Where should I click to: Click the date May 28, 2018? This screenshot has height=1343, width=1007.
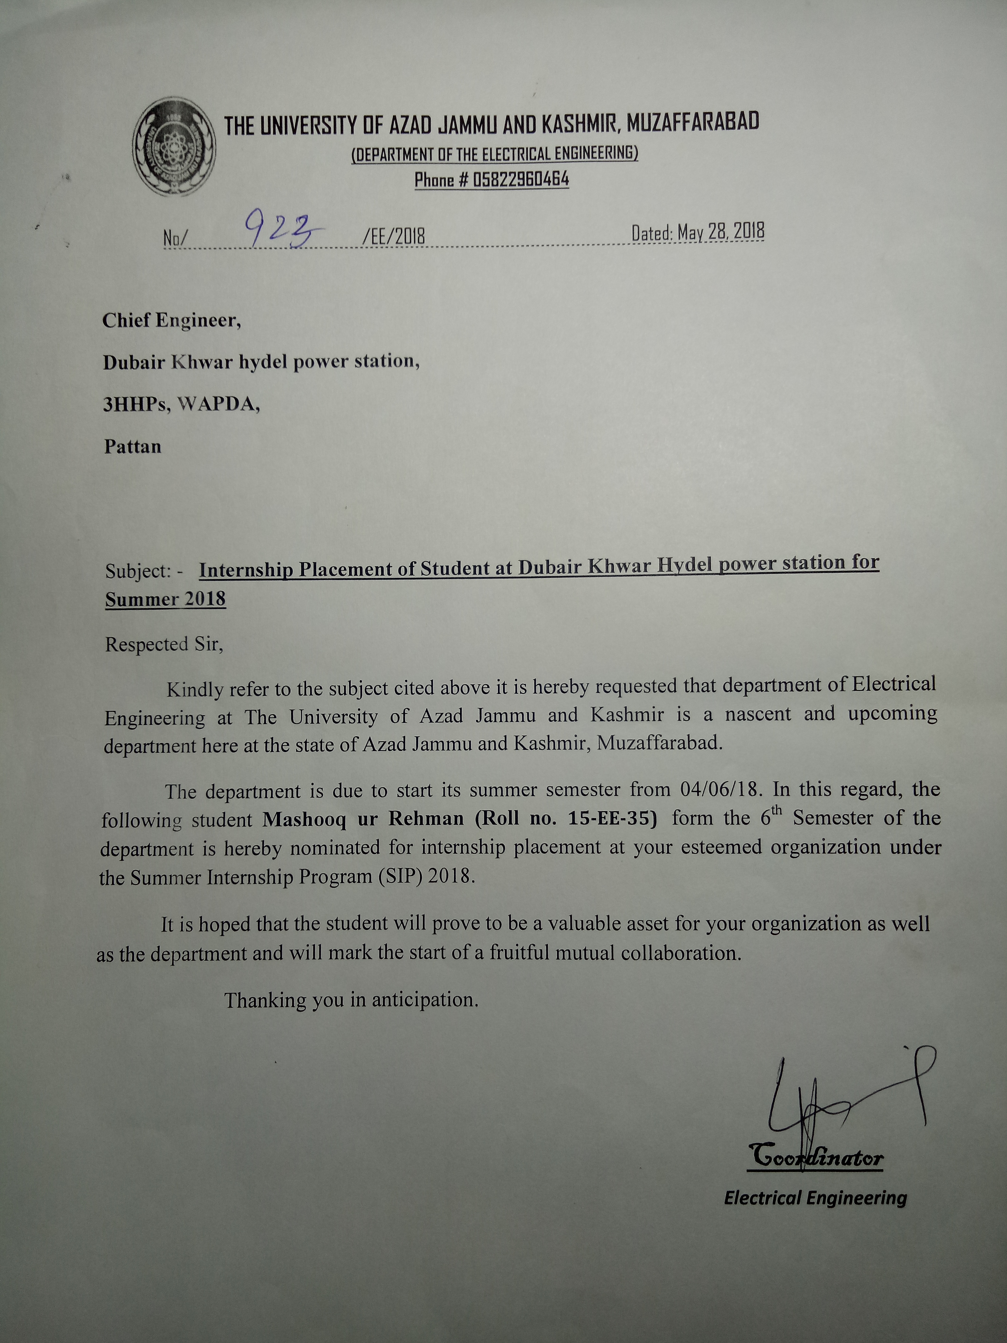pos(721,232)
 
